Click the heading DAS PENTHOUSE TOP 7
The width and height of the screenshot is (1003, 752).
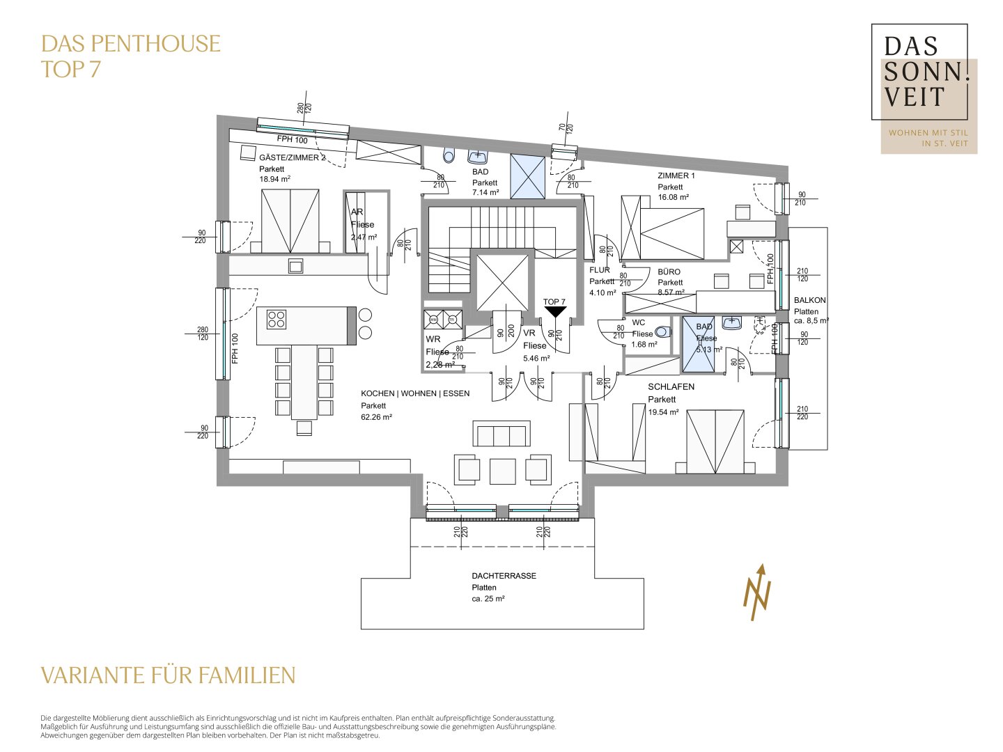click(130, 56)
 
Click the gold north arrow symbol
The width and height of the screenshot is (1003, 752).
click(758, 592)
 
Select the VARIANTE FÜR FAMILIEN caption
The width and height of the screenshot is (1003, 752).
click(168, 675)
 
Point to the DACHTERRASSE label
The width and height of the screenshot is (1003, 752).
click(504, 576)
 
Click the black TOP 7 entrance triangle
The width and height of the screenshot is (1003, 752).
click(554, 313)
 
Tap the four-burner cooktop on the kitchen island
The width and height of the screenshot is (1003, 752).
click(277, 319)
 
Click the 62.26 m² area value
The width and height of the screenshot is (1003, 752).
click(376, 417)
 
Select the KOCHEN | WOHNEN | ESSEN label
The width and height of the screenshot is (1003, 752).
click(415, 393)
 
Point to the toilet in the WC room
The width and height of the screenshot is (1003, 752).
click(662, 332)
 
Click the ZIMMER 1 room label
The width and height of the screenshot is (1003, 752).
click(676, 175)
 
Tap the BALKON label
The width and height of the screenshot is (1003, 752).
click(809, 300)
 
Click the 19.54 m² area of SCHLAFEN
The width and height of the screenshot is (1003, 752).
click(663, 412)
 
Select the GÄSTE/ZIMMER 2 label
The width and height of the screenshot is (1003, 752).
click(292, 157)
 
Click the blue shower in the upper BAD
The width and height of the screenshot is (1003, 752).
click(527, 176)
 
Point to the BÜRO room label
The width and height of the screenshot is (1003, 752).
click(669, 272)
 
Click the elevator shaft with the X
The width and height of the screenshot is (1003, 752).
click(502, 282)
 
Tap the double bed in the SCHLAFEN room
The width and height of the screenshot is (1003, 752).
click(715, 441)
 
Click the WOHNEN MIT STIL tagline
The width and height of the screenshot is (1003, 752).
click(928, 132)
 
